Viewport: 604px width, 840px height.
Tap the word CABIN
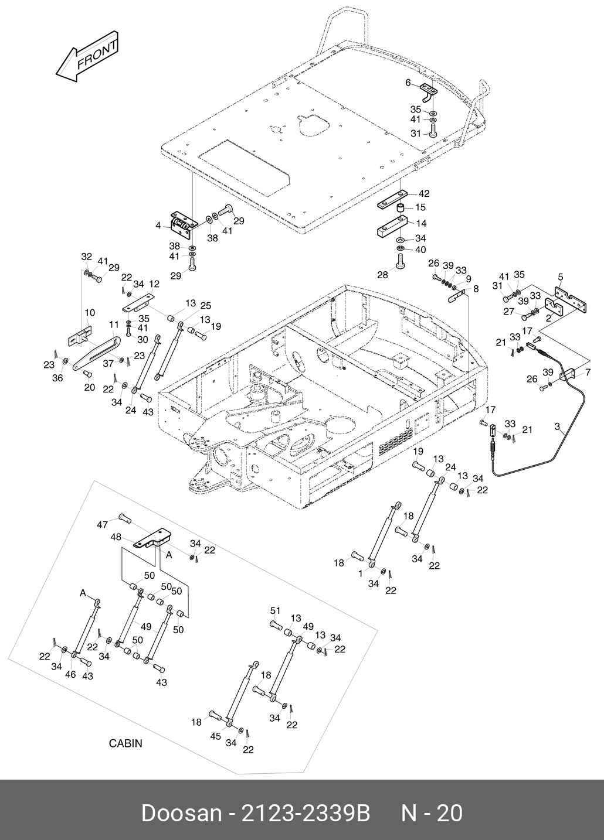pos(125,743)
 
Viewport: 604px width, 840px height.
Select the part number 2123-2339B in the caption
pos(306,813)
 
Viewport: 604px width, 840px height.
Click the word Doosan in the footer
pos(181,813)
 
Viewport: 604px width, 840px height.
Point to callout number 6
pos(408,83)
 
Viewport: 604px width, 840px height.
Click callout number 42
pos(424,194)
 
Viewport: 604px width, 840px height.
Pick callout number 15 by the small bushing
pos(420,207)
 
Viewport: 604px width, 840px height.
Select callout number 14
pos(421,223)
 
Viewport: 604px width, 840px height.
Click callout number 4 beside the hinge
pos(158,225)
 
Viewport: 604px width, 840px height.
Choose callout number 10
pos(90,313)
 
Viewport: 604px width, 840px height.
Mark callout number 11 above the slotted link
pos(114,324)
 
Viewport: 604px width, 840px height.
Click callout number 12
pos(154,284)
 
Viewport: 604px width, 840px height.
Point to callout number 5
pos(560,276)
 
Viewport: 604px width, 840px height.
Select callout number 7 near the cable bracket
pos(588,373)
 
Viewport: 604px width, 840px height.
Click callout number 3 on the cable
pos(557,426)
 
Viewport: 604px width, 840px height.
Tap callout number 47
pos(102,525)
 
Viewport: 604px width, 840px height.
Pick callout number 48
pos(116,537)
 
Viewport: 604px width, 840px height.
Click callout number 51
pos(275,611)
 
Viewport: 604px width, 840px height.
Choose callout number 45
pos(215,736)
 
